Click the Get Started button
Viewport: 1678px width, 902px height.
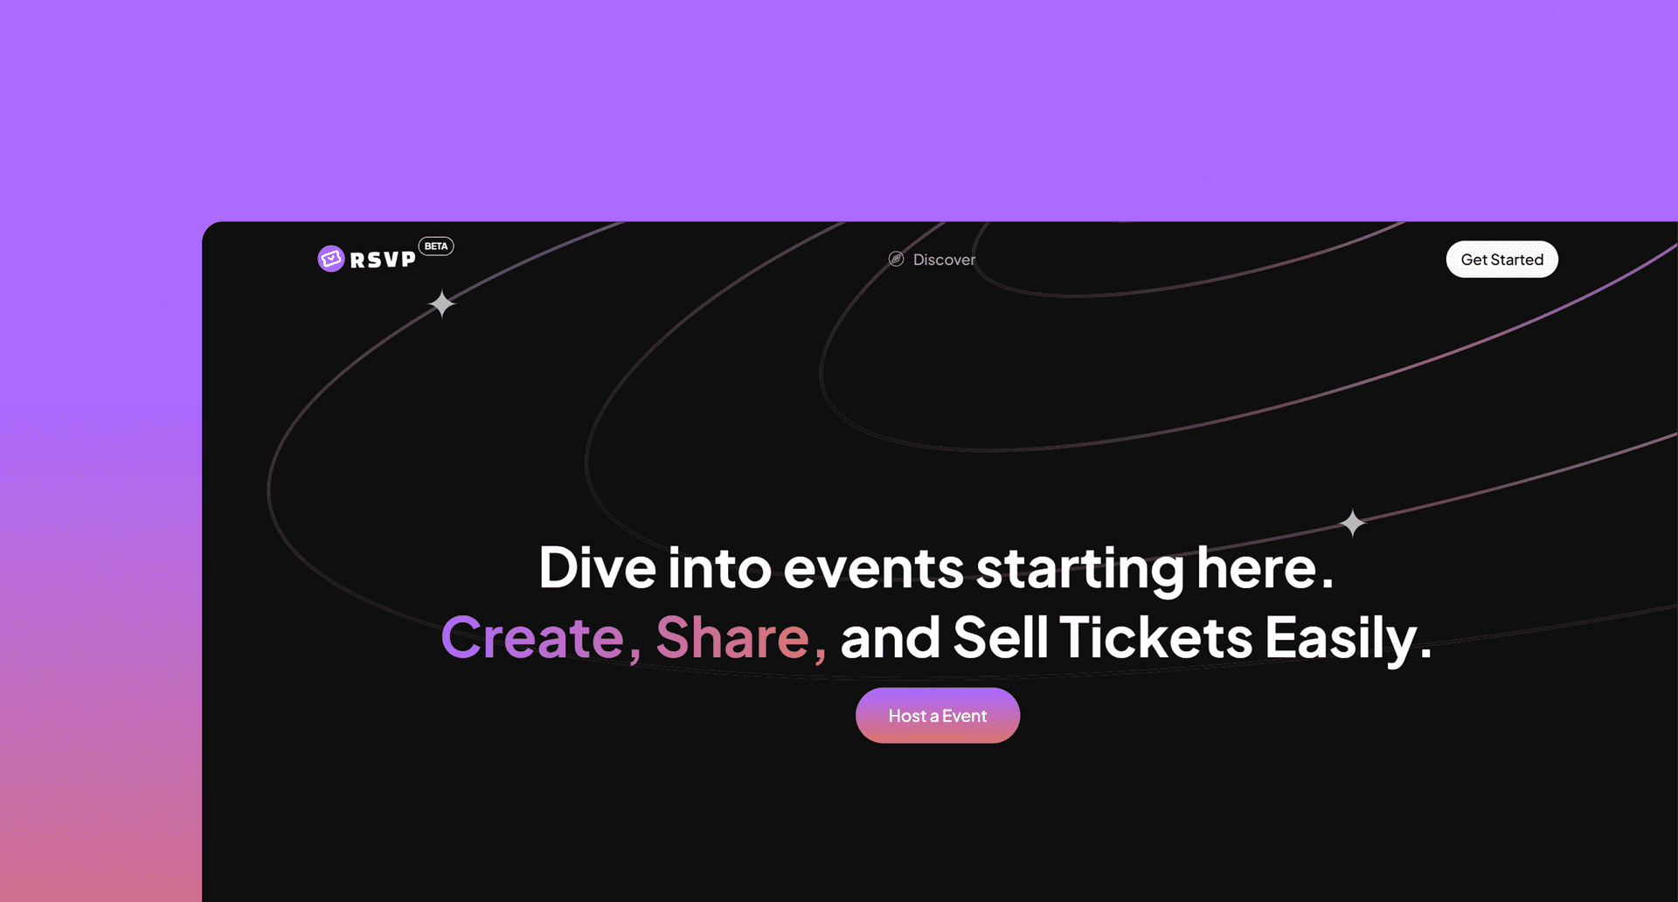click(1501, 260)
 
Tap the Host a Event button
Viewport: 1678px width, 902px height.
click(938, 716)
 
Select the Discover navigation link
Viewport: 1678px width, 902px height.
click(944, 260)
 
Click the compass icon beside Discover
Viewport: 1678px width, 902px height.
click(896, 259)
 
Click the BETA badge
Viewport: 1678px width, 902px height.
click(436, 246)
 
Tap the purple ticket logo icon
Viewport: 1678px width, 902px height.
click(331, 259)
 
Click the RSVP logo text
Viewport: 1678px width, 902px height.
click(383, 260)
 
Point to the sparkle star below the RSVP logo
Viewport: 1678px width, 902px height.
click(442, 304)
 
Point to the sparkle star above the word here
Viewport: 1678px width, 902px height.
click(1353, 523)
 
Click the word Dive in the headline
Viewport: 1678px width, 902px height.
click(597, 568)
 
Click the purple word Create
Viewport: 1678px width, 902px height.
click(532, 638)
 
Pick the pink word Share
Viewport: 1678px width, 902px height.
click(732, 638)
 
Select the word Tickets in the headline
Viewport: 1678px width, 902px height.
click(1156, 637)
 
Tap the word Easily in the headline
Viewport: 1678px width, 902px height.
click(1341, 641)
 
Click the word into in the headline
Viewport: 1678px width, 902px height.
click(719, 568)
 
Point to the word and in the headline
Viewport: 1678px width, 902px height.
click(890, 637)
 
